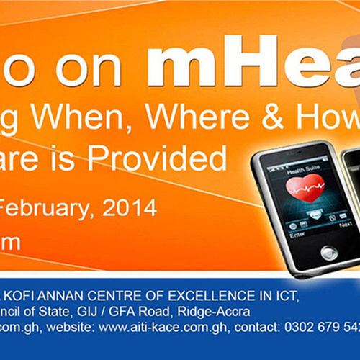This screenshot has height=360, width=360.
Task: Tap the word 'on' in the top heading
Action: tap(92, 71)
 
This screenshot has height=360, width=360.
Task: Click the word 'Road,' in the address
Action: tap(158, 312)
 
